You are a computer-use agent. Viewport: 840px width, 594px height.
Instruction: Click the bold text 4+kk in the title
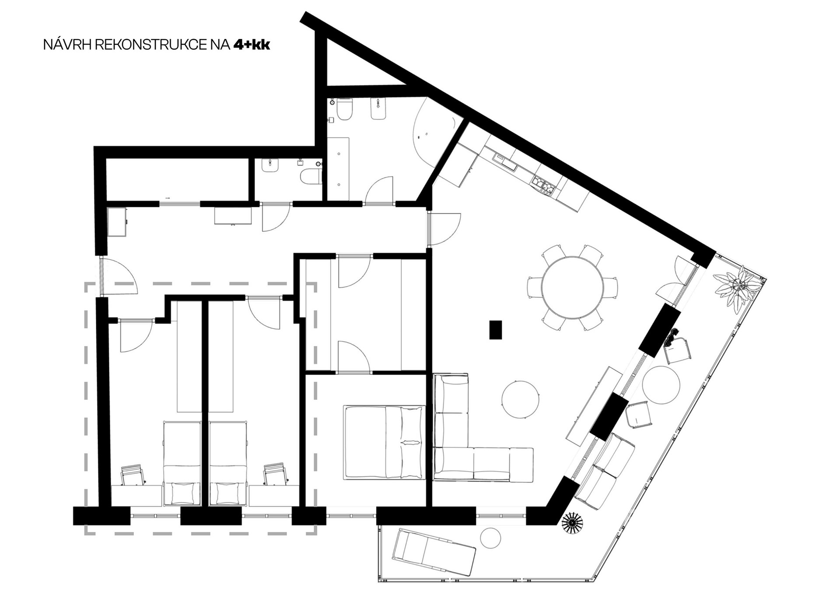[x=252, y=45]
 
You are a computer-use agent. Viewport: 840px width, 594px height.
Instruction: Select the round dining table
[x=572, y=287]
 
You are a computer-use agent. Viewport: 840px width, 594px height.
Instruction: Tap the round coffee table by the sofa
[x=520, y=399]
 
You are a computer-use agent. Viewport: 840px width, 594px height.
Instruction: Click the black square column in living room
[x=496, y=330]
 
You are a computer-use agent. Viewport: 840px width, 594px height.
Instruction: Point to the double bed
[x=385, y=442]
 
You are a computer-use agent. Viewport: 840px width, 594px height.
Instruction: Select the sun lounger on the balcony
[x=434, y=553]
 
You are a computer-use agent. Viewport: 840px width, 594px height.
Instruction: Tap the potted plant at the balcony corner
[x=738, y=289]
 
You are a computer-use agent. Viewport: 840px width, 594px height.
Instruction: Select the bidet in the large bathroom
[x=378, y=109]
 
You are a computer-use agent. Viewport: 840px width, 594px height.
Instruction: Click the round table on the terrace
[x=661, y=385]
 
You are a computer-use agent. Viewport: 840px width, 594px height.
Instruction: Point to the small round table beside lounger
[x=490, y=538]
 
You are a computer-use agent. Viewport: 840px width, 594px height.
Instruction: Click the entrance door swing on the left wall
[x=119, y=276]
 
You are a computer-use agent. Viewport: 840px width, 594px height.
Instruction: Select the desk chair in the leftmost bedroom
[x=133, y=475]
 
